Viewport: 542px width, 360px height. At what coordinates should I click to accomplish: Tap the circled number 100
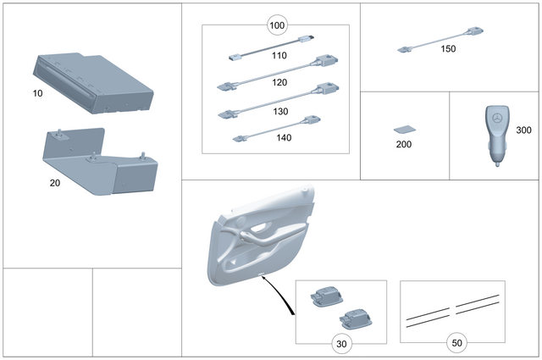click(x=277, y=25)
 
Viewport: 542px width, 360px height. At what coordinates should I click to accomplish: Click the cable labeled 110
click(x=271, y=48)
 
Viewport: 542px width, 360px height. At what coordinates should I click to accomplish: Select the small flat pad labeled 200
click(x=405, y=130)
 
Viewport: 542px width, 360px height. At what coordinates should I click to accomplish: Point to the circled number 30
click(x=340, y=345)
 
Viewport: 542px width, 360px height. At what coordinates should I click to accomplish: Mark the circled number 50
click(x=457, y=345)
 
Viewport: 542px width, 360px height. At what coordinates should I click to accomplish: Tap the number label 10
click(x=37, y=93)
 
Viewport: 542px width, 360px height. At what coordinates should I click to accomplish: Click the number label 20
click(x=54, y=181)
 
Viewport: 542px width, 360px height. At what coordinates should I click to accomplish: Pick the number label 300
click(x=524, y=130)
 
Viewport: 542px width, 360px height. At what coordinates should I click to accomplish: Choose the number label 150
click(x=448, y=49)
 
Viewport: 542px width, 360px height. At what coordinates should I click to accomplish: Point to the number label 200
click(x=405, y=145)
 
